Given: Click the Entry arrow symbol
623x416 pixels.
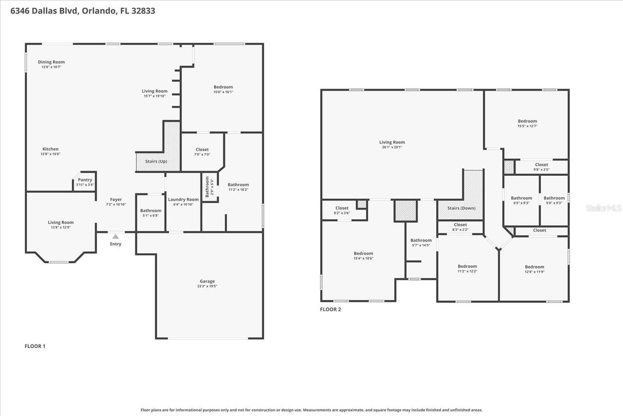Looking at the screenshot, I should coord(115,236).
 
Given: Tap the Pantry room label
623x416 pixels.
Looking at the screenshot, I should coord(85,180).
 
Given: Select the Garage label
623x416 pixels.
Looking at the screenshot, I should coord(207,281).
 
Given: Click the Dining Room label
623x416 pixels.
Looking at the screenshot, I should coord(51,62).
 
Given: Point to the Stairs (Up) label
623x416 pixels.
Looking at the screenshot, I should coord(156,161).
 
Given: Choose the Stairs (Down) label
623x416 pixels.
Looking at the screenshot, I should coord(461,208).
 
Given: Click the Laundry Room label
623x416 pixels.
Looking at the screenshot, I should coord(183,199).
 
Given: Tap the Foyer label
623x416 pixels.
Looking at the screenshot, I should coord(116,199).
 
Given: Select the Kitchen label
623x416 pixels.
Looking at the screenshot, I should coord(50,149).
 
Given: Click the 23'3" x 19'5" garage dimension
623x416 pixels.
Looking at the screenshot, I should coord(207,286).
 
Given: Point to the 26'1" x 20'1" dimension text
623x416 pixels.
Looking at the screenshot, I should coord(392,148).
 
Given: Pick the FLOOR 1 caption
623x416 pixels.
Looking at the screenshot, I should coord(35,346).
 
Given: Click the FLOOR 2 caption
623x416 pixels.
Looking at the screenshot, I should coord(330,309).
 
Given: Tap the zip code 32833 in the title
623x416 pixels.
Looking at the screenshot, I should coord(144,10).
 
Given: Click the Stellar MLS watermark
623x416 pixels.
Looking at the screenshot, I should coord(604,208).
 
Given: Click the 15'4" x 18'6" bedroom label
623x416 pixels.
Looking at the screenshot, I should coord(363,259).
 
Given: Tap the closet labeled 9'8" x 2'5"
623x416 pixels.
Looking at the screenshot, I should coord(541,170).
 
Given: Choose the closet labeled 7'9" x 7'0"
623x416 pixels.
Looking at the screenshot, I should coord(202,154).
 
